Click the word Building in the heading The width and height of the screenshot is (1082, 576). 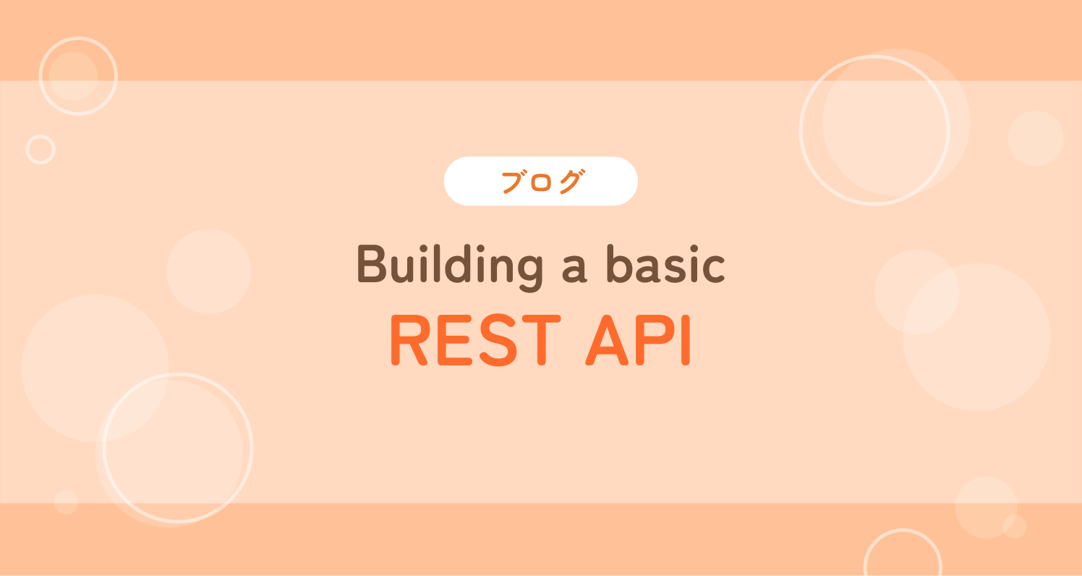click(450, 267)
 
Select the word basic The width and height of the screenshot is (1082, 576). click(666, 264)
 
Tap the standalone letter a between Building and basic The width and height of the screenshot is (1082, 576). click(574, 271)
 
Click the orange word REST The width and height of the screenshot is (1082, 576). click(475, 340)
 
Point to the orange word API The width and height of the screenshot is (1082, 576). click(639, 340)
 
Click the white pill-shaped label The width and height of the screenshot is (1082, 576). click(540, 181)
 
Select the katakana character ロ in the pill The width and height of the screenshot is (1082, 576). click(541, 182)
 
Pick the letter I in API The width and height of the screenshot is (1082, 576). click(686, 340)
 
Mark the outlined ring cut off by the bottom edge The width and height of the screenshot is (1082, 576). click(903, 530)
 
